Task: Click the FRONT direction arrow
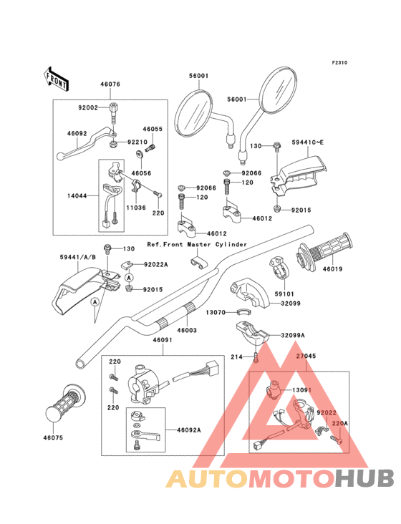(x=56, y=79)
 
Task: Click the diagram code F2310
(x=339, y=62)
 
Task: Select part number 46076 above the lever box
(x=110, y=84)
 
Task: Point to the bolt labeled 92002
(x=113, y=114)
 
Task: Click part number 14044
(x=77, y=196)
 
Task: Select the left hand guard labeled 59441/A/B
(x=85, y=291)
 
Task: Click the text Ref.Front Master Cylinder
(x=197, y=244)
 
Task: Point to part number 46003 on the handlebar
(x=187, y=330)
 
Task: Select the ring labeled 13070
(x=243, y=312)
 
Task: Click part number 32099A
(x=293, y=335)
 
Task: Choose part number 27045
(x=306, y=356)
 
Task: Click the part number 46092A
(x=189, y=430)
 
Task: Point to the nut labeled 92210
(x=112, y=145)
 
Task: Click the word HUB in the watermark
(x=365, y=478)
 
